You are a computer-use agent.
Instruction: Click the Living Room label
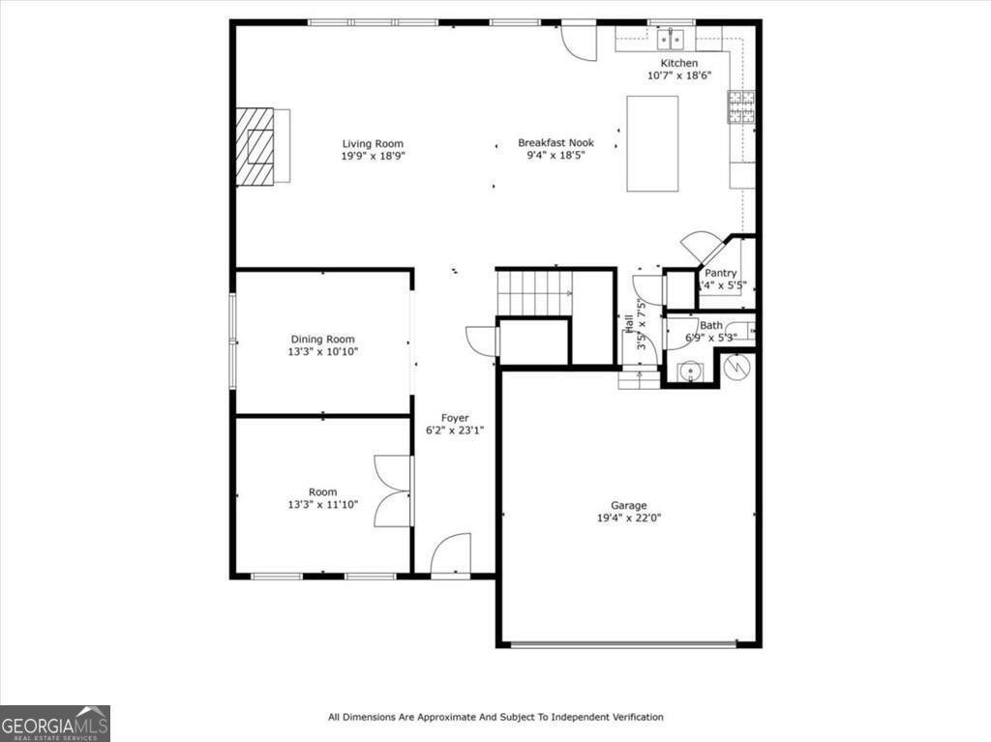373,144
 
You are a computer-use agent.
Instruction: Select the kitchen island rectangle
652,143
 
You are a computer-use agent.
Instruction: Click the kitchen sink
670,39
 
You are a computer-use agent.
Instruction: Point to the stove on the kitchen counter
741,107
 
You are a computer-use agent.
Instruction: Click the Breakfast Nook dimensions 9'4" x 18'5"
556,155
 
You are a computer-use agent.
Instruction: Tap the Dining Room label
322,340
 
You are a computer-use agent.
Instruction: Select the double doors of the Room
394,490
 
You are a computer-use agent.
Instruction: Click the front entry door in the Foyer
450,556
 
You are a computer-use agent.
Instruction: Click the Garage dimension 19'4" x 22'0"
628,518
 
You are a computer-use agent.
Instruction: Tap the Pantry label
720,273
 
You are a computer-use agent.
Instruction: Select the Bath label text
711,326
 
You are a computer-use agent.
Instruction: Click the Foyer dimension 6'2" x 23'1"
455,430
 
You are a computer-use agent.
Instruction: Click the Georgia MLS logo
54,724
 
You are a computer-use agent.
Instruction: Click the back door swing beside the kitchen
580,41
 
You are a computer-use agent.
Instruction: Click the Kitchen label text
679,63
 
